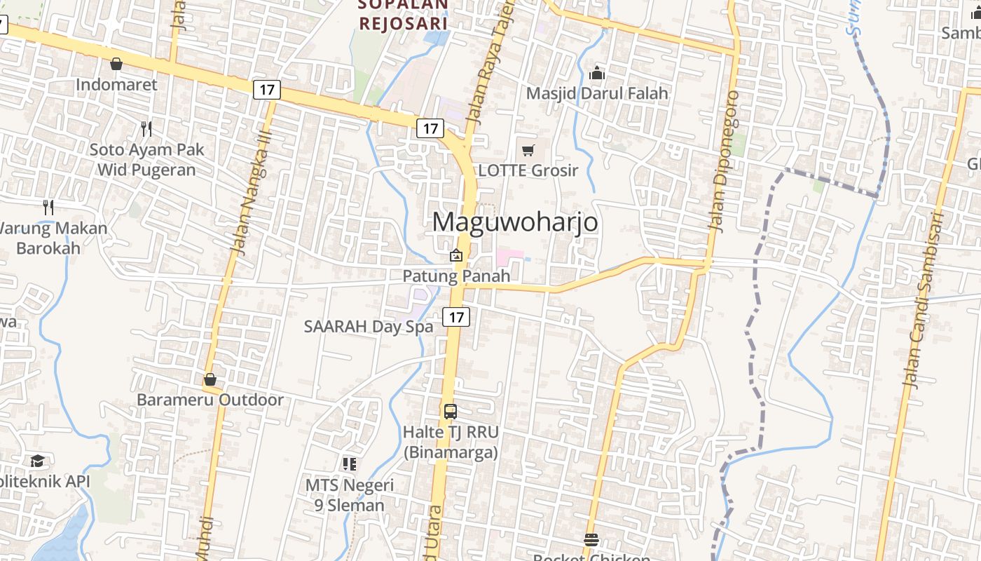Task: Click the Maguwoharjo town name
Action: [515, 222]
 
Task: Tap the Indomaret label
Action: [116, 85]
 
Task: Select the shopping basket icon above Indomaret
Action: [116, 64]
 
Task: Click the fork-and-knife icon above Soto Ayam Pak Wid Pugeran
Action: [146, 128]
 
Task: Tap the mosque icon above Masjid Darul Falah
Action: [597, 72]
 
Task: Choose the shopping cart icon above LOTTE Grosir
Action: [528, 149]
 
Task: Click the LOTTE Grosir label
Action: [528, 170]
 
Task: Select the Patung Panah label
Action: [456, 276]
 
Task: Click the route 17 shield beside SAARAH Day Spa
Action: [456, 317]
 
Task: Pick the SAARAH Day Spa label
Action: [369, 326]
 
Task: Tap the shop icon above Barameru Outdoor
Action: [210, 379]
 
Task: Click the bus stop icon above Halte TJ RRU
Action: [451, 411]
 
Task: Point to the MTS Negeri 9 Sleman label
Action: [349, 494]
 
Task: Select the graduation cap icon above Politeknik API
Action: [37, 461]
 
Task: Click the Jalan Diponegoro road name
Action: [725, 161]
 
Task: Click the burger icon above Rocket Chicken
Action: [591, 539]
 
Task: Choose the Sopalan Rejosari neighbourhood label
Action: [403, 14]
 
